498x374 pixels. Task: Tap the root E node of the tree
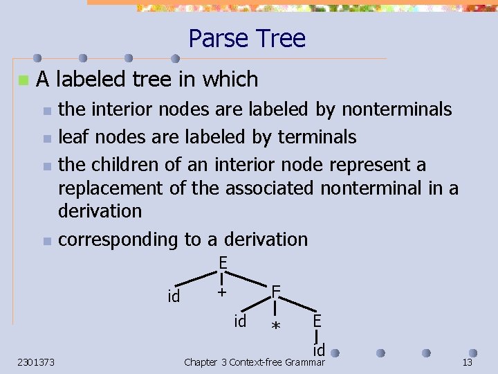pos(223,263)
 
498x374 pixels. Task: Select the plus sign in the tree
pos(221,292)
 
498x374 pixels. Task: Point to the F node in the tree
pos(275,291)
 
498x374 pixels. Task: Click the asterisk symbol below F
pos(276,326)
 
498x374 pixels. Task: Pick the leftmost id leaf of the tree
pos(174,296)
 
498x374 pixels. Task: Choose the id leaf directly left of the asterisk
pos(240,321)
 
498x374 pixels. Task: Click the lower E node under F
pos(316,321)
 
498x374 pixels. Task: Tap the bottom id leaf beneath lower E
pos(317,350)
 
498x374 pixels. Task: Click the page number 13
pos(468,362)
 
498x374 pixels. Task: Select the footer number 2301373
pos(37,362)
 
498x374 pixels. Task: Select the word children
pos(122,165)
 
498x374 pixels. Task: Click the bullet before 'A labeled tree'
pos(23,80)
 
